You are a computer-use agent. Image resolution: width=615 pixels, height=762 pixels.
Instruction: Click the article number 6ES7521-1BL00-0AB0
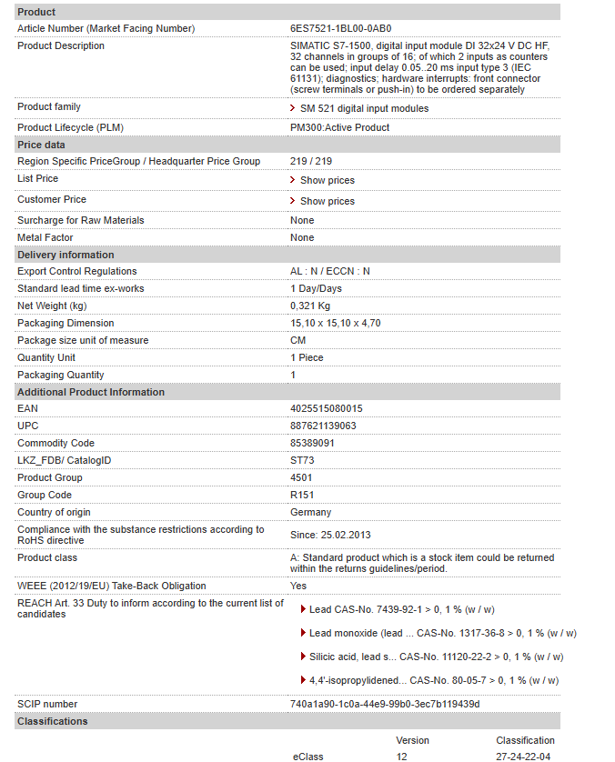pos(340,28)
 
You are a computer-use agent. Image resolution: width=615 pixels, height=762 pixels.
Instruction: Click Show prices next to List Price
pos(327,180)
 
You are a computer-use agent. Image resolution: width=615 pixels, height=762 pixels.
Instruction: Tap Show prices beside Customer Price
pos(327,201)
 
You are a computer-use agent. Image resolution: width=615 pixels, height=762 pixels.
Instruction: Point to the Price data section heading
pos(41,145)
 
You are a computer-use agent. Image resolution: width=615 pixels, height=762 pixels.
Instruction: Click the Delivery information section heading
pos(66,255)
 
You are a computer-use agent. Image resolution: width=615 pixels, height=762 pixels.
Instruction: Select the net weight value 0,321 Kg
pos(310,306)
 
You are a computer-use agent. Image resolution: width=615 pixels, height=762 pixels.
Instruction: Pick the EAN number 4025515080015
pos(326,409)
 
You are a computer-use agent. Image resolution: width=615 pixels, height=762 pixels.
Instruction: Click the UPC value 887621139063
pos(323,426)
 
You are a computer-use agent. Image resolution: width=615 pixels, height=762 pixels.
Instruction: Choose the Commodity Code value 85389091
pos(312,444)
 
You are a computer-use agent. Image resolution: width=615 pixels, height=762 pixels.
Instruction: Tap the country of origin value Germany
pos(310,513)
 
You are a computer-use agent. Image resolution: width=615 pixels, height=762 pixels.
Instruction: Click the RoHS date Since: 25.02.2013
pos(330,535)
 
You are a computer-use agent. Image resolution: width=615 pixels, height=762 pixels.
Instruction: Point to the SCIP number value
pos(385,704)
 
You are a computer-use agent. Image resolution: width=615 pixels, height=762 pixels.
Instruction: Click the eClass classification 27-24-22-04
pos(523,757)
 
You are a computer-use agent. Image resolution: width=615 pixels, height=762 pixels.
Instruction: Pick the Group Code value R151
pos(303,496)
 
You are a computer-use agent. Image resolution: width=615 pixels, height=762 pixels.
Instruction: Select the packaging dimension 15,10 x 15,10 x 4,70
pos(335,323)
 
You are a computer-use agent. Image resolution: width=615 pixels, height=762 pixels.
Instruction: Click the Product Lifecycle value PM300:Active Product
pos(339,127)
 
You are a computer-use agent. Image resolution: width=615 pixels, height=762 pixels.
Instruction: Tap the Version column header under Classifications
pos(412,740)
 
